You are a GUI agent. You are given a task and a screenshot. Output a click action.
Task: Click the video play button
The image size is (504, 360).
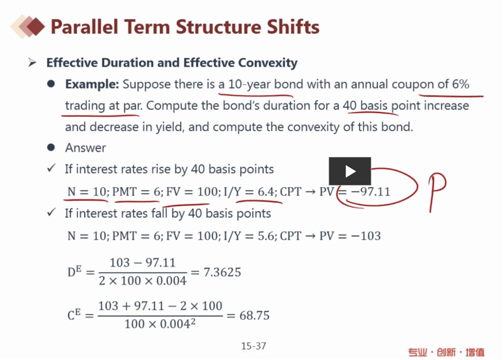(x=350, y=171)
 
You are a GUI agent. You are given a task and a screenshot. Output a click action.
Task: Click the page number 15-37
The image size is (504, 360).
(x=254, y=346)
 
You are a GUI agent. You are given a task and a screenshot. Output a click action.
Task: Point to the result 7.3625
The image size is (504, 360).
(x=222, y=272)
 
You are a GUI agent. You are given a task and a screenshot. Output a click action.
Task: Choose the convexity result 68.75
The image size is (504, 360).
(x=254, y=315)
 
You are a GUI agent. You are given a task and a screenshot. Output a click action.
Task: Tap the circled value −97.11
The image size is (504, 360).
(x=370, y=192)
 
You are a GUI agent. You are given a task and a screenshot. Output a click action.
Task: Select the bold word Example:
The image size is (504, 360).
(x=92, y=84)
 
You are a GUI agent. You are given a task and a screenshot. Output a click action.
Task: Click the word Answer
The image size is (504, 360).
(x=86, y=148)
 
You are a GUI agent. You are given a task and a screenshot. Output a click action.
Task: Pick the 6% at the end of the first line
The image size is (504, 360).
(x=460, y=84)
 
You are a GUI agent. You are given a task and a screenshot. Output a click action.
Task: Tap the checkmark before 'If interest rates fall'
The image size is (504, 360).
(x=51, y=212)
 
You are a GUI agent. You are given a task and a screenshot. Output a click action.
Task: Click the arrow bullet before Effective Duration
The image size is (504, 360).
(x=32, y=62)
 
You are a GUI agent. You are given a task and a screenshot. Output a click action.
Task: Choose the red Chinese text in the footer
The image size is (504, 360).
(x=446, y=352)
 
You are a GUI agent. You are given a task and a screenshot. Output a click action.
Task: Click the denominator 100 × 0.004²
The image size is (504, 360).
(x=160, y=323)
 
